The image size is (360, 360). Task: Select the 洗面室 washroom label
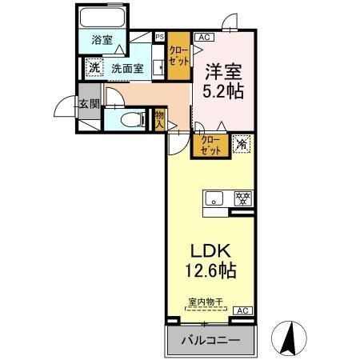tap(126, 69)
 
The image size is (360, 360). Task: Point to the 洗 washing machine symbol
tap(94, 69)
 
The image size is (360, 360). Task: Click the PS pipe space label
tap(158, 36)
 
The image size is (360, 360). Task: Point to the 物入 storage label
tap(159, 119)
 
